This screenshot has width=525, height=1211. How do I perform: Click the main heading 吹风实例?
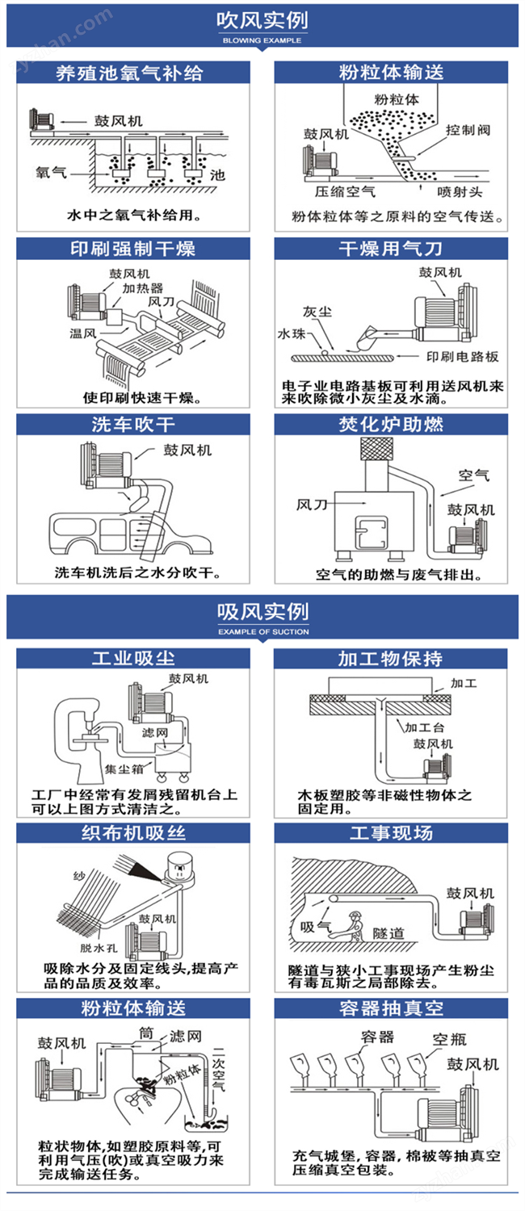(262, 20)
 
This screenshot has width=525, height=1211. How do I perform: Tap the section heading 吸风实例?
(262, 611)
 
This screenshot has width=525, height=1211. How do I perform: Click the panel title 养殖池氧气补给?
(130, 73)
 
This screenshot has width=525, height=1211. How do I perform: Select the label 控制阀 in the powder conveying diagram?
(468, 130)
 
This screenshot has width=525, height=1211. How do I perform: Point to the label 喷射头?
(460, 191)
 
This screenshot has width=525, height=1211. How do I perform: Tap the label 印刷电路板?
(462, 356)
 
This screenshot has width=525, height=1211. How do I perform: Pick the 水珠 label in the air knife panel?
(292, 334)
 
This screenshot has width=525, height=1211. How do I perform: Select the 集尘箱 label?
(124, 769)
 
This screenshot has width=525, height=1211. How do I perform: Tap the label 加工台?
(424, 727)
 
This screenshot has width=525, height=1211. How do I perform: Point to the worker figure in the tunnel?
(351, 925)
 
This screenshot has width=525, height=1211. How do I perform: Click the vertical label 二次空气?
(218, 1070)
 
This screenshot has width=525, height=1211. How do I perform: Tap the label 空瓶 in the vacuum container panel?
(449, 1039)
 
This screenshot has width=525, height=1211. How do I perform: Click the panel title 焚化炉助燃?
(391, 425)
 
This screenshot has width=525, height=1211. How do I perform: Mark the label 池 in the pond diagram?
(217, 174)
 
